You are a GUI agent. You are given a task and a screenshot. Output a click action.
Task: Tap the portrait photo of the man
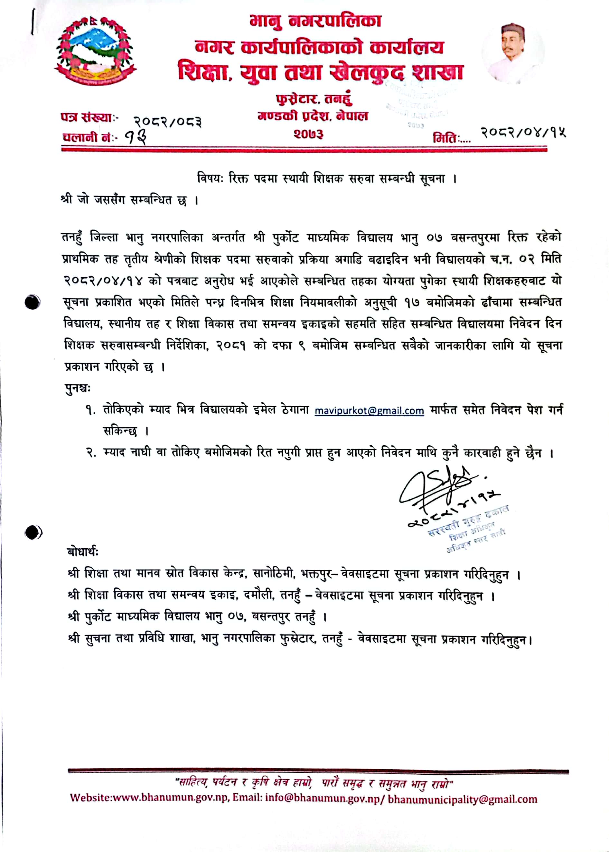[x=513, y=52]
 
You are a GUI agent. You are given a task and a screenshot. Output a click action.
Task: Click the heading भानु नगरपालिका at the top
[x=316, y=21]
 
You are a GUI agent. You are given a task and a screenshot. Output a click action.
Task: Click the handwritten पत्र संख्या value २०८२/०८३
[x=168, y=121]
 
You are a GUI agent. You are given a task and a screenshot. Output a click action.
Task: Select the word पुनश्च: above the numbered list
[x=78, y=389]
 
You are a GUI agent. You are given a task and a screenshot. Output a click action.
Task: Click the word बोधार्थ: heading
[x=83, y=552]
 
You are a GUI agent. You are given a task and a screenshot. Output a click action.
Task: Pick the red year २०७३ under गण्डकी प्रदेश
[x=308, y=134]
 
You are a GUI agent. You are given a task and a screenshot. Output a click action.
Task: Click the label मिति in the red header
[x=445, y=138]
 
